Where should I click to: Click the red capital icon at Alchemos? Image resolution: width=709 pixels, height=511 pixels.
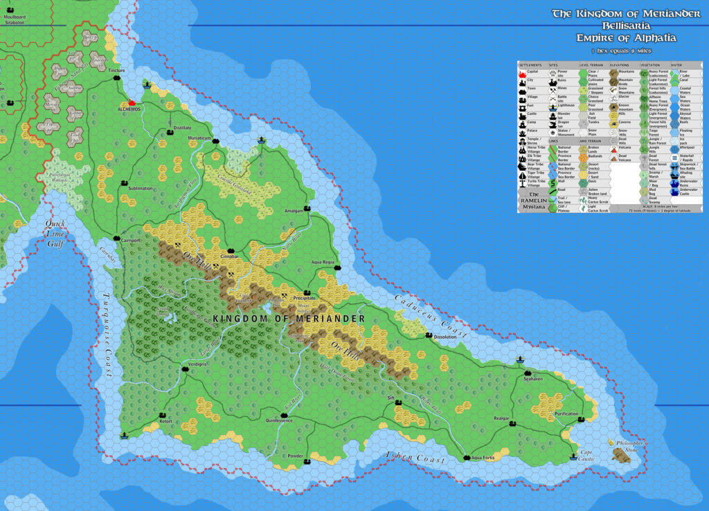coord(129,102)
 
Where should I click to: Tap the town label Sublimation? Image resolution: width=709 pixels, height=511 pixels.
coord(141,188)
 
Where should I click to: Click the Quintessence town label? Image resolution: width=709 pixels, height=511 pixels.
coord(279,420)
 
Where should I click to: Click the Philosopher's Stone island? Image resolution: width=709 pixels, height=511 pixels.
coord(620,454)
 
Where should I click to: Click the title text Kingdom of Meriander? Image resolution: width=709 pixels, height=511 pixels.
coord(289,319)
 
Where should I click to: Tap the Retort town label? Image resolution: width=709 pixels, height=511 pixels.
coord(165,420)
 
